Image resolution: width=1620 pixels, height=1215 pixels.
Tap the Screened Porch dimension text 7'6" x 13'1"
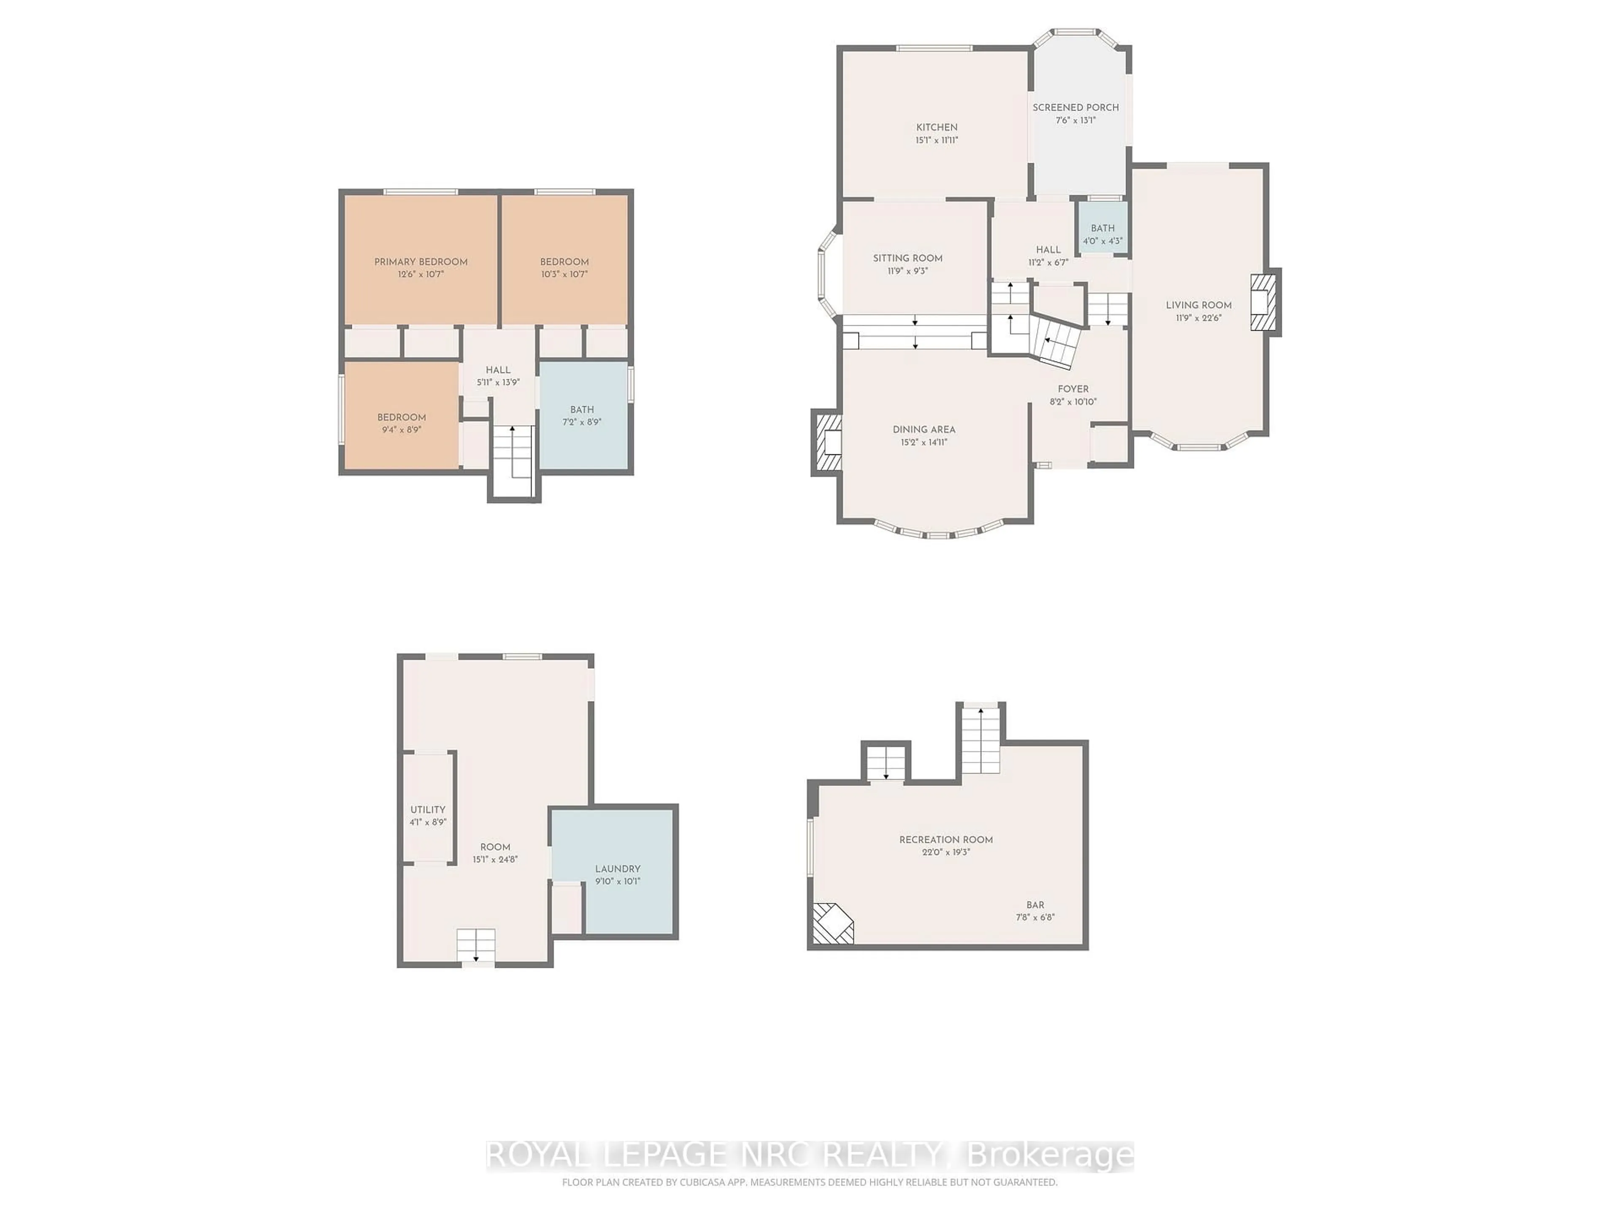coord(1075,120)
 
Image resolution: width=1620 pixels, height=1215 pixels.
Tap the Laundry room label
coord(617,869)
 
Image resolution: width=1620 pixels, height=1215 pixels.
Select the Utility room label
coord(428,809)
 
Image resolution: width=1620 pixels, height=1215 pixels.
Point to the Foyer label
coord(1073,389)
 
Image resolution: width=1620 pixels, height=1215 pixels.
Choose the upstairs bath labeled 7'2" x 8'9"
coord(582,415)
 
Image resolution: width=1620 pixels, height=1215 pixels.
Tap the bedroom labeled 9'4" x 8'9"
coord(401,423)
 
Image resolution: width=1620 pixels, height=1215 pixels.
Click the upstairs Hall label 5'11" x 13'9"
coord(498,376)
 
